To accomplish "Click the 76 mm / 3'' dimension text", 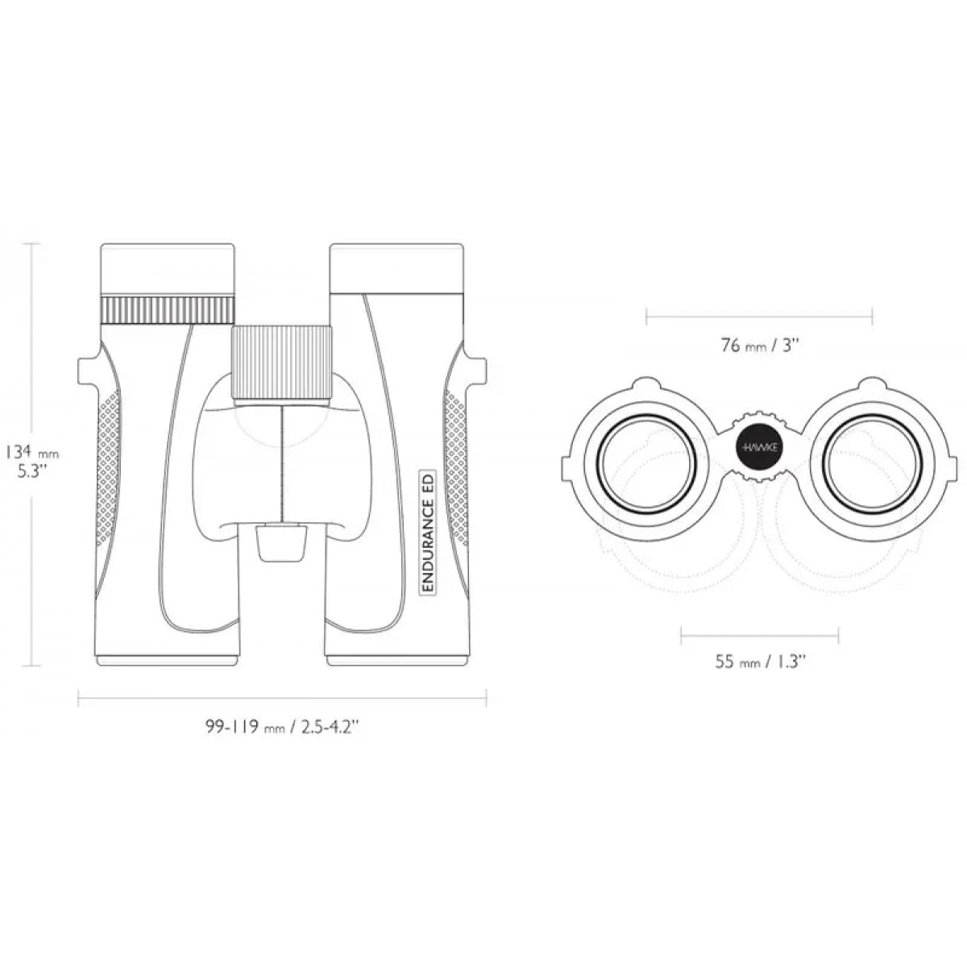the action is [760, 346].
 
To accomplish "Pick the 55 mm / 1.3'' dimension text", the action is [760, 662].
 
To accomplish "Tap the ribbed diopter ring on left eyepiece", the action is [168, 310].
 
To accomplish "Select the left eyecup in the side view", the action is [168, 270].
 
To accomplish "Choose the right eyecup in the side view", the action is [396, 269].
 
